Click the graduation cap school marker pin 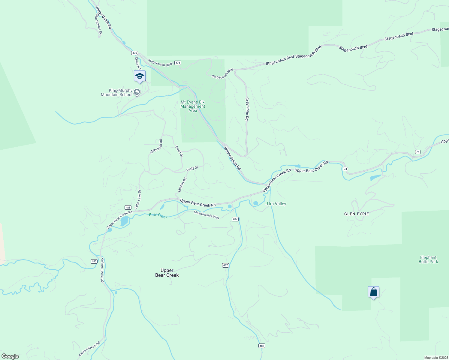pos(140,76)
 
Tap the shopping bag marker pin pos(373,292)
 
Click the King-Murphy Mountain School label pos(117,92)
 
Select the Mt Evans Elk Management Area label pos(193,106)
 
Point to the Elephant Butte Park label pos(428,259)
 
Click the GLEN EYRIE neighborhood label pos(356,214)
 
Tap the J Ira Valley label pos(276,204)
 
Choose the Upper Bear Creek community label pos(167,273)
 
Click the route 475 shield pos(134,53)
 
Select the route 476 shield pos(178,63)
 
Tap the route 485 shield pos(128,207)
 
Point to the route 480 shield pos(94,261)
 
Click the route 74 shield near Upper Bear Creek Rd pos(345,169)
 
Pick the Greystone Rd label pos(247,109)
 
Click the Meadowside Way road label pos(206,215)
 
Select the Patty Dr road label pos(192,169)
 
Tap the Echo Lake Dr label pos(138,199)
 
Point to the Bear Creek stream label pos(158,216)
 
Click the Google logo pos(10,356)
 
